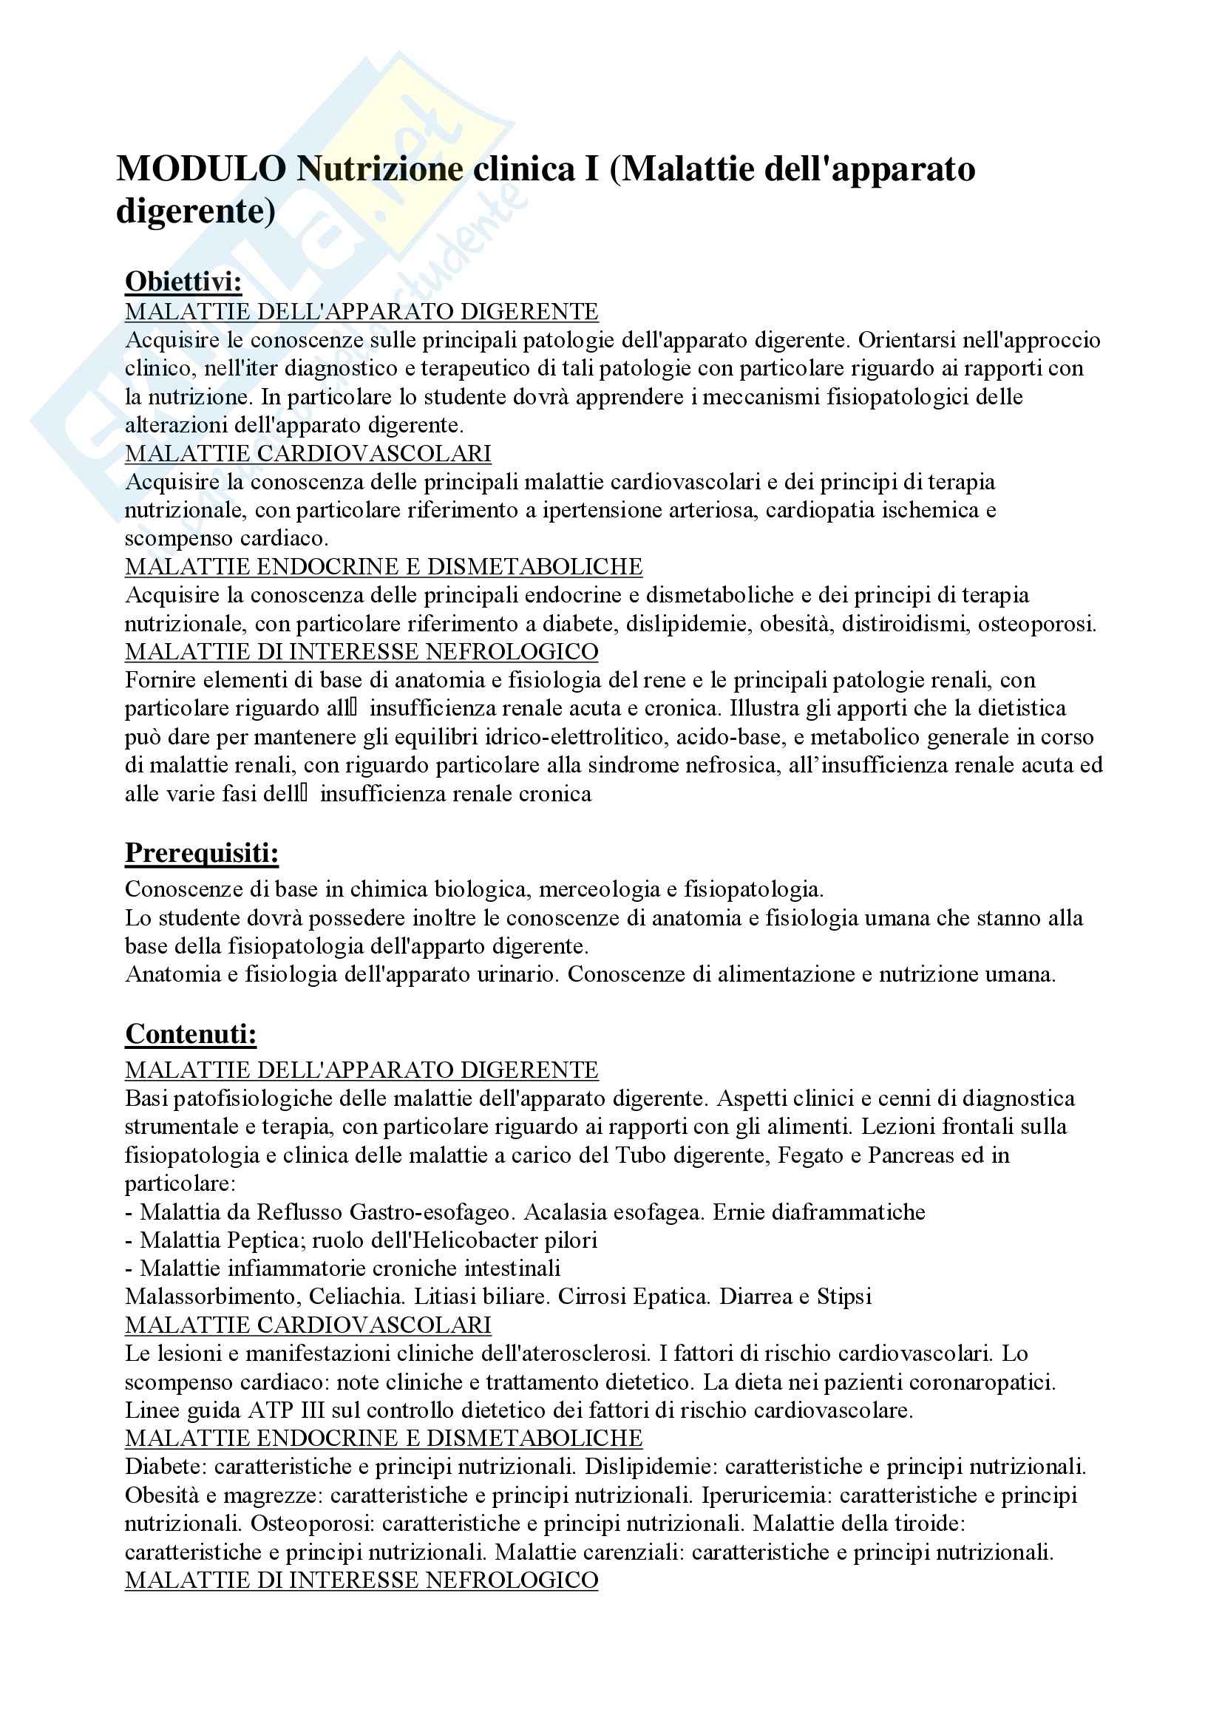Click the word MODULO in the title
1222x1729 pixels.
click(x=200, y=169)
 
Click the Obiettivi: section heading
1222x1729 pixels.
click(x=183, y=282)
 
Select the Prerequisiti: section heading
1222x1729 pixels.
click(x=202, y=853)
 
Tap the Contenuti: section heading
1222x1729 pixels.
click(x=191, y=1034)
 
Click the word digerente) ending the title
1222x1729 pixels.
click(x=196, y=211)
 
